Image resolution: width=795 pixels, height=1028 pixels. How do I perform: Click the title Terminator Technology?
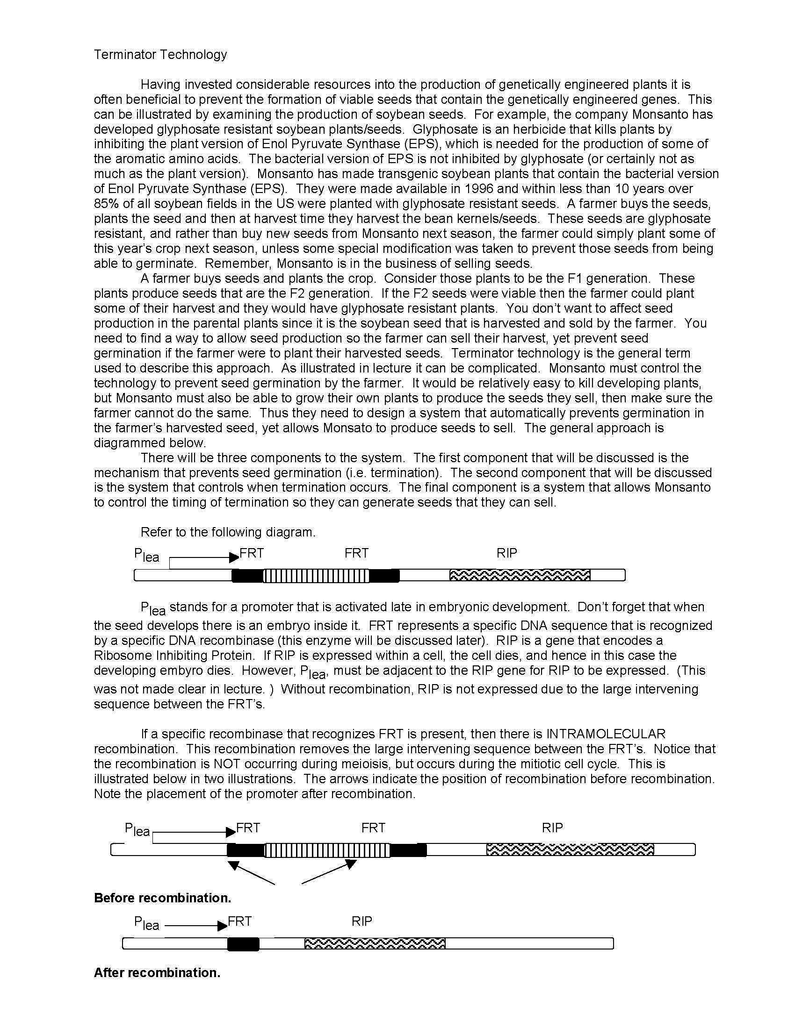tap(160, 55)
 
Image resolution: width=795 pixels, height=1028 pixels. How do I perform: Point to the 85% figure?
tap(106, 204)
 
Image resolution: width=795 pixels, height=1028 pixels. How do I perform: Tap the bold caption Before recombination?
tap(162, 898)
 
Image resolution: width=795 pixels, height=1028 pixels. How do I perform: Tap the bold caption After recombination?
tap(157, 972)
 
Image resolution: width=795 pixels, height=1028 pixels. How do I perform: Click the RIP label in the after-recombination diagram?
tap(361, 921)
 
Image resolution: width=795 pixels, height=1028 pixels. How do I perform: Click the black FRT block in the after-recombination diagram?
tap(243, 944)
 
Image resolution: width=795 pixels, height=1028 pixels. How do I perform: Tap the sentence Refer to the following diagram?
tap(228, 532)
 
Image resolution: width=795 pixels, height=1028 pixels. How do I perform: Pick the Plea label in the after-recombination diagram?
tap(146, 923)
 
